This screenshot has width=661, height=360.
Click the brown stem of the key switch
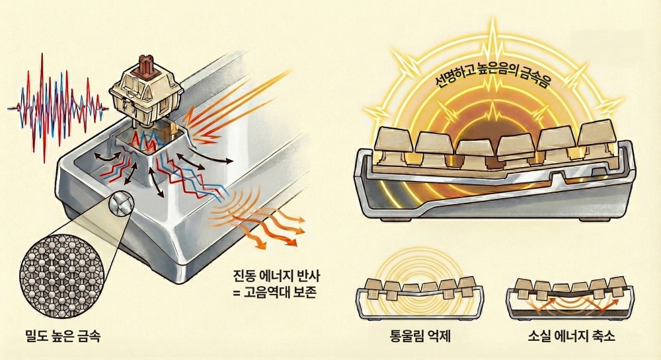click(x=141, y=67)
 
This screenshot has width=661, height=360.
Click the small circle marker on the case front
click(x=120, y=202)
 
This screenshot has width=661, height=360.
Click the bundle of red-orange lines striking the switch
click(x=228, y=99)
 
